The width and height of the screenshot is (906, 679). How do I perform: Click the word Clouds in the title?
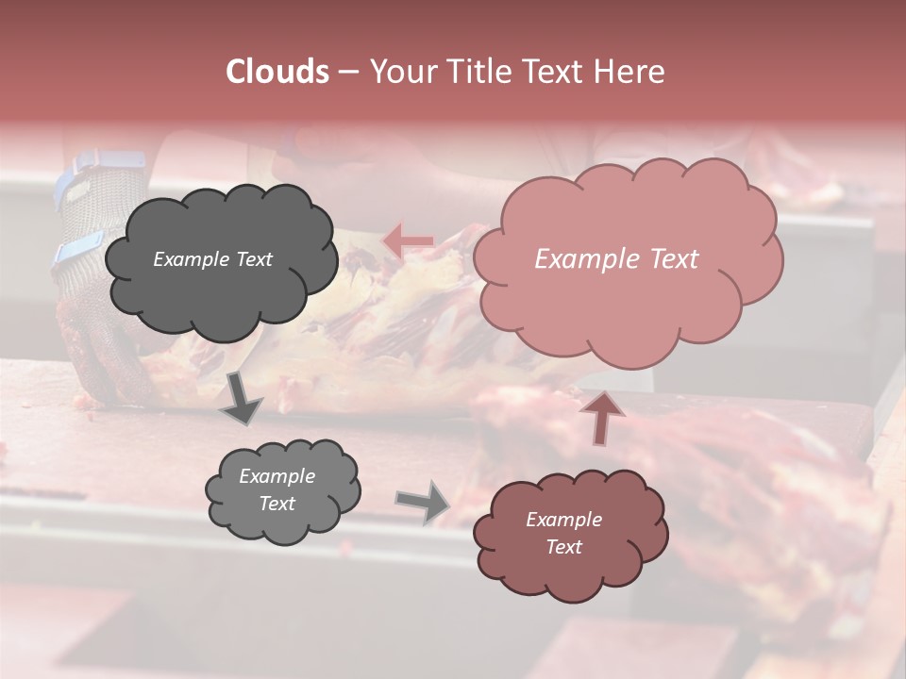tap(277, 72)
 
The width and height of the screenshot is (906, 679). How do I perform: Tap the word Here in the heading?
tap(630, 72)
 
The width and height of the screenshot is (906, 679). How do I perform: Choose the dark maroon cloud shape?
tap(569, 535)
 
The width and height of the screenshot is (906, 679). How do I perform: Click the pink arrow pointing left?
tap(407, 240)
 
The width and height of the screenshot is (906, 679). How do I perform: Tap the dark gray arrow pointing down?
tap(241, 399)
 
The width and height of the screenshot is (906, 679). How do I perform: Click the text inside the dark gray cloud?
tap(212, 259)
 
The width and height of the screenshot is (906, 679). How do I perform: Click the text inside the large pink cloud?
tap(616, 259)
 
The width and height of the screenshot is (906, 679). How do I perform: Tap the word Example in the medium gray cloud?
tap(277, 476)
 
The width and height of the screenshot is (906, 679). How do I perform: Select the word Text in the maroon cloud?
tap(563, 547)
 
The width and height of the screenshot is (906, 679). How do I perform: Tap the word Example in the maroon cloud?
tap(563, 520)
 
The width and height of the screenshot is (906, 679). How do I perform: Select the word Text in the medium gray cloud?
tap(277, 504)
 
